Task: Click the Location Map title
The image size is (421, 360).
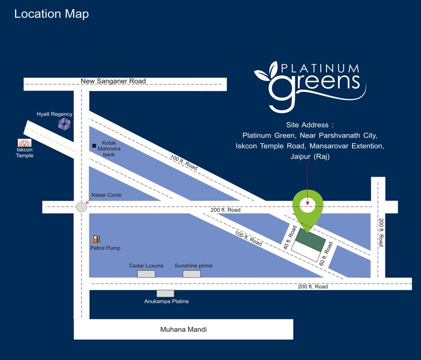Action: pos(52,14)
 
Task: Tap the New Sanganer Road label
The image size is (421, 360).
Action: pos(113,81)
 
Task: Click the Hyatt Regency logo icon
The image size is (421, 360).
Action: pos(64,124)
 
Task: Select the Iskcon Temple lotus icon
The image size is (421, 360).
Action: pos(24,142)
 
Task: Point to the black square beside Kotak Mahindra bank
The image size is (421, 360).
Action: pos(94,146)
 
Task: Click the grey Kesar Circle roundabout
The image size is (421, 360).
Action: pos(81,207)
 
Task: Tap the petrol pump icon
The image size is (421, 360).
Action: pos(97,240)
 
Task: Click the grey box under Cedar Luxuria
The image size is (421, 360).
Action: pos(146,274)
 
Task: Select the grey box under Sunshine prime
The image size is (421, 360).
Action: pos(192,274)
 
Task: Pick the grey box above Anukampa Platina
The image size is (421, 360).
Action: pos(165,293)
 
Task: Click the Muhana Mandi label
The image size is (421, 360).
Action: pos(184,330)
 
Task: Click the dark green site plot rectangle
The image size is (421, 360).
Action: pos(310,241)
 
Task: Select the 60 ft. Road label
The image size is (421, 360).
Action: pos(326,254)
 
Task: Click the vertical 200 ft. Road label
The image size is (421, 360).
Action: pos(381,232)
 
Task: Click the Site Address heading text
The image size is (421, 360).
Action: pos(310,125)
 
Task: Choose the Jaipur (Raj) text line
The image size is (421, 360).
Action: pos(310,156)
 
